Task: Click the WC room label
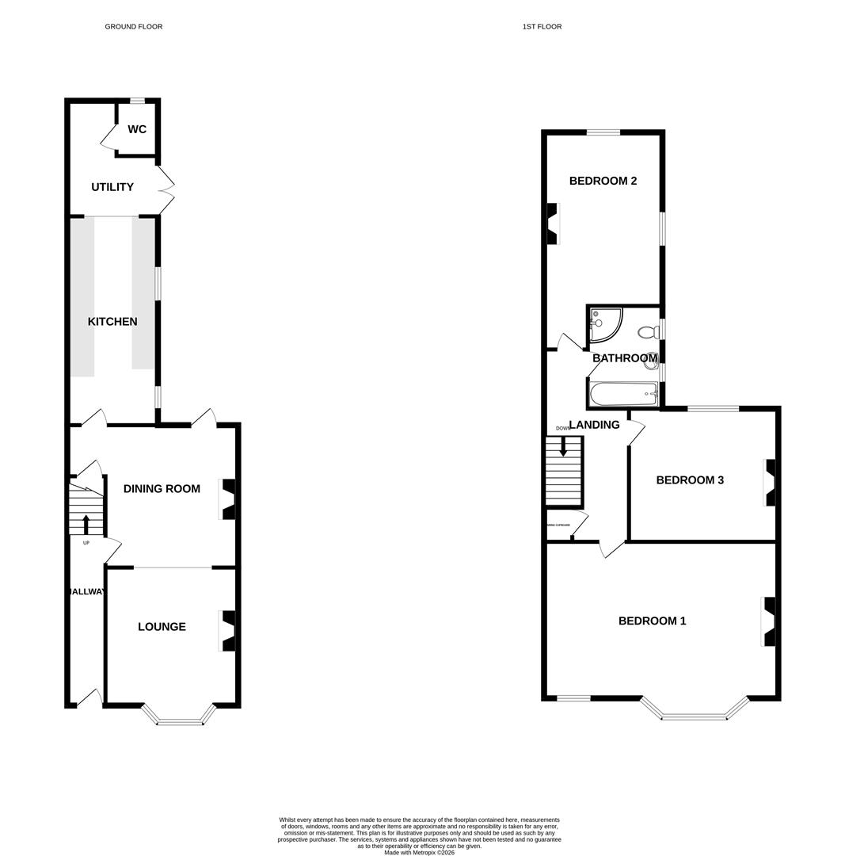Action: coord(137,129)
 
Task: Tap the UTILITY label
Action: coord(112,187)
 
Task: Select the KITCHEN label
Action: coord(112,322)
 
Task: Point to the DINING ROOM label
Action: coord(162,489)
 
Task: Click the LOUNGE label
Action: coord(162,627)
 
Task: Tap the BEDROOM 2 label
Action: coord(603,181)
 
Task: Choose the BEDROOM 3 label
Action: coord(690,480)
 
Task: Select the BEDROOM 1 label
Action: coord(652,621)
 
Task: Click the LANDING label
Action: coord(594,425)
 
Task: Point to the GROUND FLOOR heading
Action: coord(134,27)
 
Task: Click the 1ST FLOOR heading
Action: coord(542,27)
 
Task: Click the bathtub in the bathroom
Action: coord(624,393)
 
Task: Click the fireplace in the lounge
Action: coord(228,631)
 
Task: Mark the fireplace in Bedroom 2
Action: coord(552,224)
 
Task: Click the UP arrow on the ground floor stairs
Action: coord(86,523)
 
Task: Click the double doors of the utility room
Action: coord(166,190)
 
